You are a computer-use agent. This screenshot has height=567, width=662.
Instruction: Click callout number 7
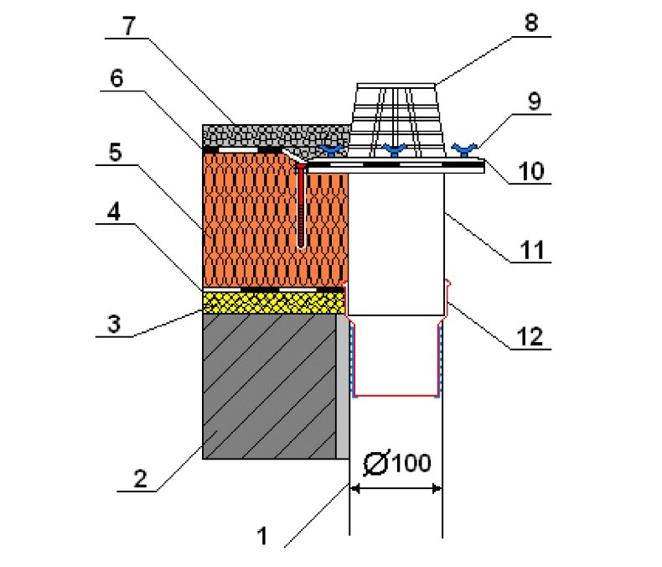coord(129,25)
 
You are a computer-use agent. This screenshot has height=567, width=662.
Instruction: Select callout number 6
coord(116,78)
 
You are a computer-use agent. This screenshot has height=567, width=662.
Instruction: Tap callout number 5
coord(116,152)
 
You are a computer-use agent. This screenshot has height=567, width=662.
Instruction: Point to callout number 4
coord(114,211)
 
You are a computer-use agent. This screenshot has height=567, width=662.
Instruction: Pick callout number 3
coord(114,325)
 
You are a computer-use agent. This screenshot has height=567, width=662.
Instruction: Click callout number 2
coord(140,479)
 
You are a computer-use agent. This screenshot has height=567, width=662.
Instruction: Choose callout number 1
coord(262,536)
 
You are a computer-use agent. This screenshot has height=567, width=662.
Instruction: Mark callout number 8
coord(531,23)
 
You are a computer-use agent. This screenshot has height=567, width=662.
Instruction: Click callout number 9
coord(534,101)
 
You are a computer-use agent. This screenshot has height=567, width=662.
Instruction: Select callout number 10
coord(531,171)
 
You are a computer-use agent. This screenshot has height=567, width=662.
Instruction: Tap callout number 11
coord(532,250)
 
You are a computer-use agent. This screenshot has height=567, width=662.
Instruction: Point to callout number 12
coord(530,336)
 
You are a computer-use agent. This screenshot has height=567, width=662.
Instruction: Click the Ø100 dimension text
coord(397,463)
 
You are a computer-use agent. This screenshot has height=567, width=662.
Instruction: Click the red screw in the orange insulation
coord(301,206)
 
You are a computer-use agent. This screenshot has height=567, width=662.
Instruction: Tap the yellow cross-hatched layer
coord(273,303)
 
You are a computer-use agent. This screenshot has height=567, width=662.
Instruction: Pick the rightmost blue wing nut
coord(464,149)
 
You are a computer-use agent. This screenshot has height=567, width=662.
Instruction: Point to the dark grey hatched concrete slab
coord(269,386)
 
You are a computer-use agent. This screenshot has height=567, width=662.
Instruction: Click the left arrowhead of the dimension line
coord(354,489)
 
